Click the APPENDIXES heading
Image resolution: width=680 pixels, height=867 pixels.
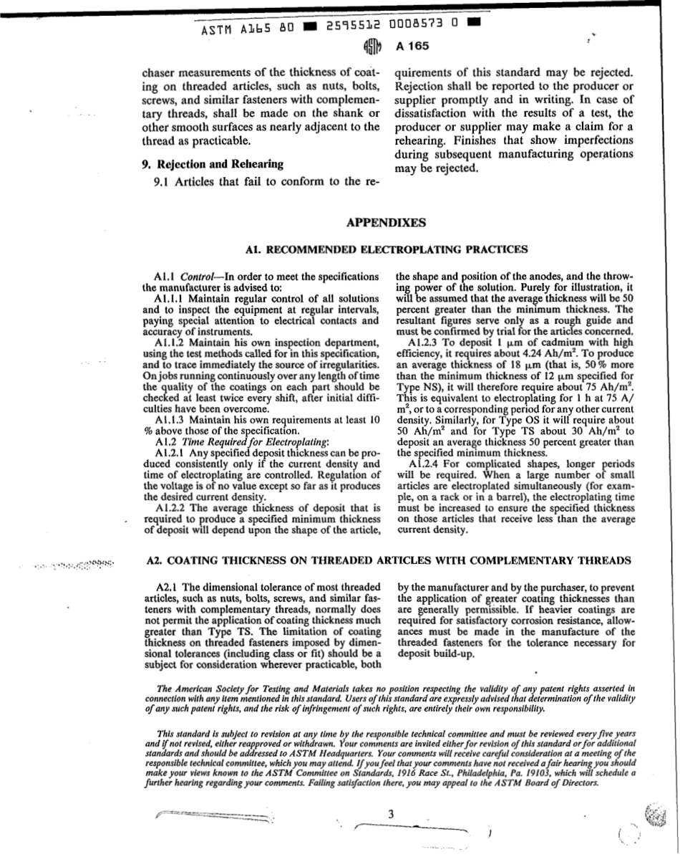[x=386, y=223]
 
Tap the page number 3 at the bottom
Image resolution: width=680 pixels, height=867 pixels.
[x=391, y=815]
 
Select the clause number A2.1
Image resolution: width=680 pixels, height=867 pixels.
[x=167, y=587]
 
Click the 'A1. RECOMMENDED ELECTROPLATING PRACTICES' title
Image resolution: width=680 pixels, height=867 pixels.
[x=387, y=249]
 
